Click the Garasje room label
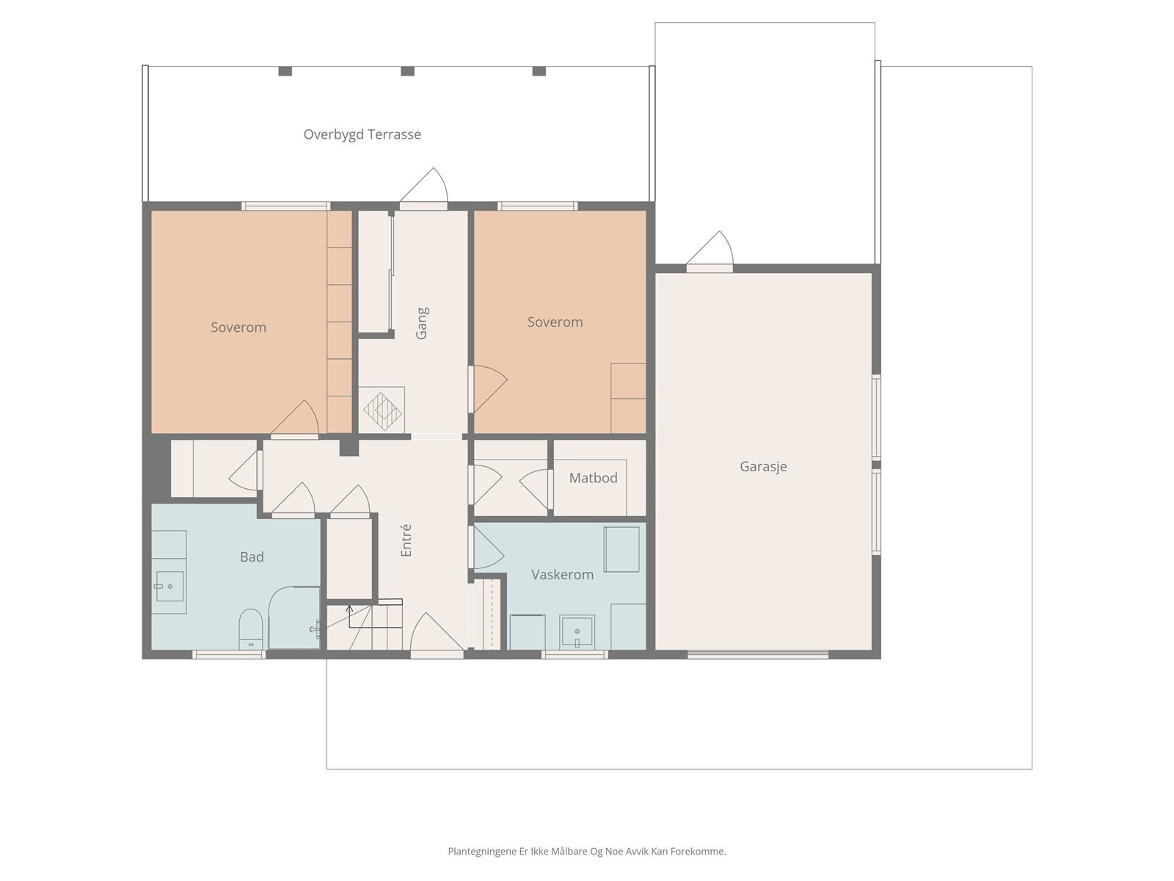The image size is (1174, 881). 762,466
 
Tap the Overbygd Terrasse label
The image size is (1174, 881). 362,134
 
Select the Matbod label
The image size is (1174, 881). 593,478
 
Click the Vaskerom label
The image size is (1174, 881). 562,575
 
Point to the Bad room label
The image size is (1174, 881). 252,556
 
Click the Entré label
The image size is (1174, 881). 406,540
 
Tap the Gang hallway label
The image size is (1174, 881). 421,323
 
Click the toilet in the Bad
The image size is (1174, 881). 250,628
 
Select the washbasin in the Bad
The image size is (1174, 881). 169,587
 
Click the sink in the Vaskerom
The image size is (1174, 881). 577,632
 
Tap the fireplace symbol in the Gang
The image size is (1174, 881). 382,411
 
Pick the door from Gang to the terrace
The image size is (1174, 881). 423,187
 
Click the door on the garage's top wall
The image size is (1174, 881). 710,250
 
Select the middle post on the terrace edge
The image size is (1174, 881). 407,71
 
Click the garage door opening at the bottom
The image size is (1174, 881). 757,654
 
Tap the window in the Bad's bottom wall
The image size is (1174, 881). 229,654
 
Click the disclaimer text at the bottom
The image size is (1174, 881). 587,851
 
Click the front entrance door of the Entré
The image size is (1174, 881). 437,634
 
